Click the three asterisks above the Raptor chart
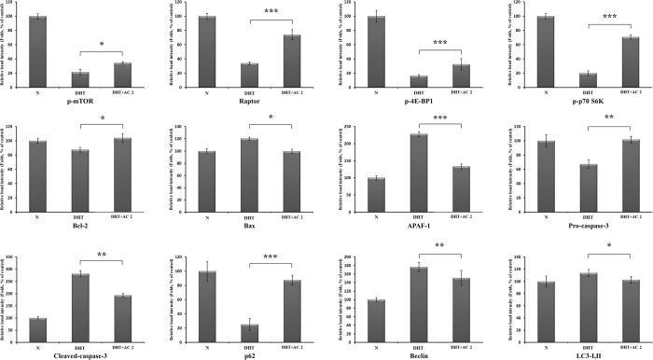[271, 12]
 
